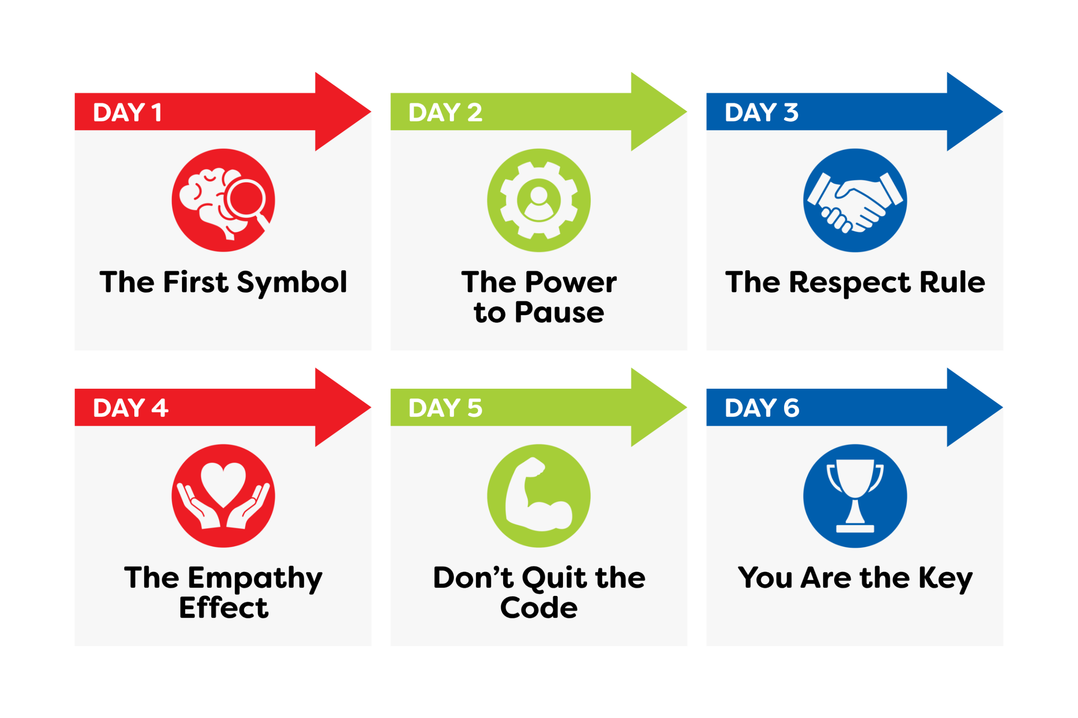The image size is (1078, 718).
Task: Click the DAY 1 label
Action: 127,112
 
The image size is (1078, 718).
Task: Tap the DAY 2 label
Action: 445,112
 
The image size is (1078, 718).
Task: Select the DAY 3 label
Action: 761,112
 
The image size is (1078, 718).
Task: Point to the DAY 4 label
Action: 131,408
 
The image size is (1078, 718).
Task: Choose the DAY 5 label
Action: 445,408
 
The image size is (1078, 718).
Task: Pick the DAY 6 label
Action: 762,408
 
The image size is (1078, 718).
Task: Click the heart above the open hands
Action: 223,484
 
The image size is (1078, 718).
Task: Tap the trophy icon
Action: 855,496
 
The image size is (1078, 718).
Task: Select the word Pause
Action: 559,313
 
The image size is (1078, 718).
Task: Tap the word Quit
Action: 554,578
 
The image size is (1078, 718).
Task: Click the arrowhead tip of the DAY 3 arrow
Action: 1003,111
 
